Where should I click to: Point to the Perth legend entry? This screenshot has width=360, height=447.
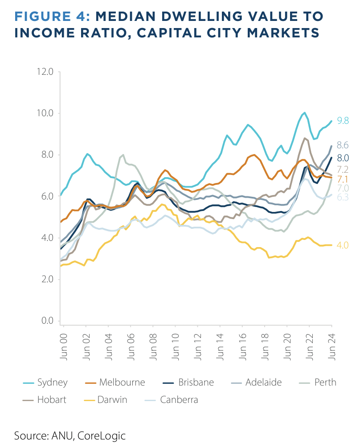tap(325, 382)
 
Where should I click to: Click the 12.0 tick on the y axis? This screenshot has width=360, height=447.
tap(44, 72)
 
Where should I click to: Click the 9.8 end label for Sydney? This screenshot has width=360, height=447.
tap(343, 121)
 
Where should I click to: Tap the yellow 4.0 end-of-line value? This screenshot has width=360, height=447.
tap(343, 245)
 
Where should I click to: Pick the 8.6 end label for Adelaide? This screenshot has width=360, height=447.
tap(343, 145)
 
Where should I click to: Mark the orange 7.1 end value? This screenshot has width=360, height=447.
tap(343, 179)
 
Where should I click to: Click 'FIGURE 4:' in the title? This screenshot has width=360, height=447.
tap(53, 16)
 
